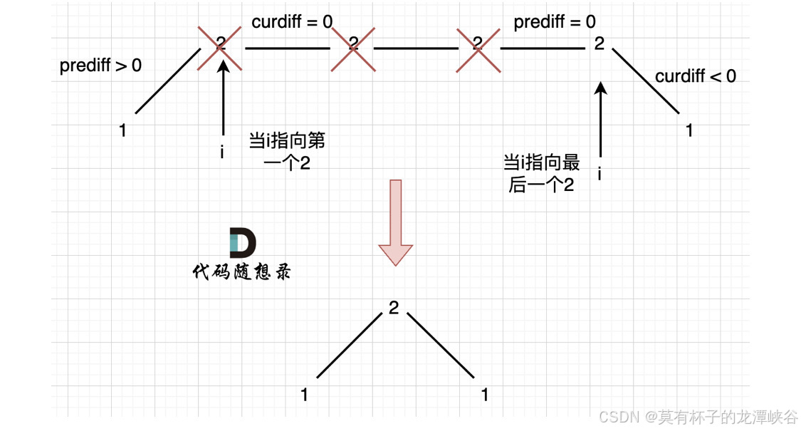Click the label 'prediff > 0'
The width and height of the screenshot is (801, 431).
point(100,66)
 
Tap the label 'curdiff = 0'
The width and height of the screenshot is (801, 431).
point(292,22)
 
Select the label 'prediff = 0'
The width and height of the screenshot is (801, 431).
point(555,22)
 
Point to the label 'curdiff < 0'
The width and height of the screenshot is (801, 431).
point(696,76)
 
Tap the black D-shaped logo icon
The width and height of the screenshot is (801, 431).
point(243,244)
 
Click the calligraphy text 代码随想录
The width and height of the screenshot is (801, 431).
point(241,272)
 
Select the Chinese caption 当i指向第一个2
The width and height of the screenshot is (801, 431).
point(286,152)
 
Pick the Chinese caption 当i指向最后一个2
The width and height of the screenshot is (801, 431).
point(541,174)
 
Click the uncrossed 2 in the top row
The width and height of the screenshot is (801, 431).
point(599,44)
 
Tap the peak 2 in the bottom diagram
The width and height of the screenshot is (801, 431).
point(394,308)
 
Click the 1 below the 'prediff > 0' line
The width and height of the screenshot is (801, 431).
point(123,131)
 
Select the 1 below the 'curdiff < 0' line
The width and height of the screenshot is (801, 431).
point(689,130)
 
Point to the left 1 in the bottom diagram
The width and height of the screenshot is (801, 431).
point(305,395)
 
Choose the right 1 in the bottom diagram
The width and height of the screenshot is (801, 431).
point(485,395)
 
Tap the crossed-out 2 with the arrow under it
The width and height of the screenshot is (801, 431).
point(221,45)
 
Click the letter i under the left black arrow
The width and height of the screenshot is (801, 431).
point(222,152)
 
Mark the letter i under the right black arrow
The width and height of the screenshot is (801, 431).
point(600,173)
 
